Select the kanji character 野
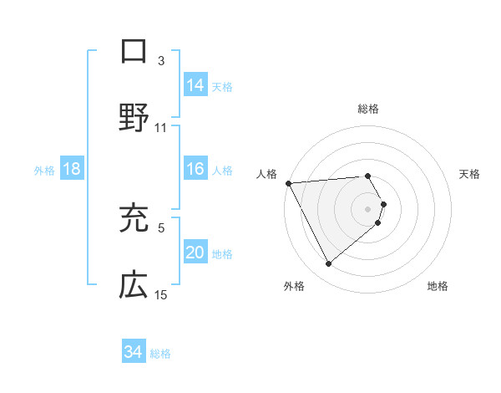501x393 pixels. (x=134, y=118)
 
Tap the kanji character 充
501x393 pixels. (x=134, y=218)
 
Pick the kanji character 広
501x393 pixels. (x=134, y=286)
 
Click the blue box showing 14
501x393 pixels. (x=195, y=85)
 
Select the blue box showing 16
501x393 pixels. (x=195, y=169)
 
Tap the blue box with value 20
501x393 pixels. (x=195, y=253)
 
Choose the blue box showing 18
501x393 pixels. (x=72, y=169)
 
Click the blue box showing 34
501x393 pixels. (x=134, y=352)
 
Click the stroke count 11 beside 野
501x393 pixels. (x=161, y=128)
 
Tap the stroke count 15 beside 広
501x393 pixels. (x=161, y=295)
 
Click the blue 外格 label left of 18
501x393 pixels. (x=44, y=170)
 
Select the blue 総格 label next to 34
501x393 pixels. (x=160, y=353)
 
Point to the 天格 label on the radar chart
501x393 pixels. (x=470, y=173)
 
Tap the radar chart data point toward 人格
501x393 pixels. (x=288, y=182)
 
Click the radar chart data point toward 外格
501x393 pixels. (x=328, y=264)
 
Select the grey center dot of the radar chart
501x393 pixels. (x=367, y=207)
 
